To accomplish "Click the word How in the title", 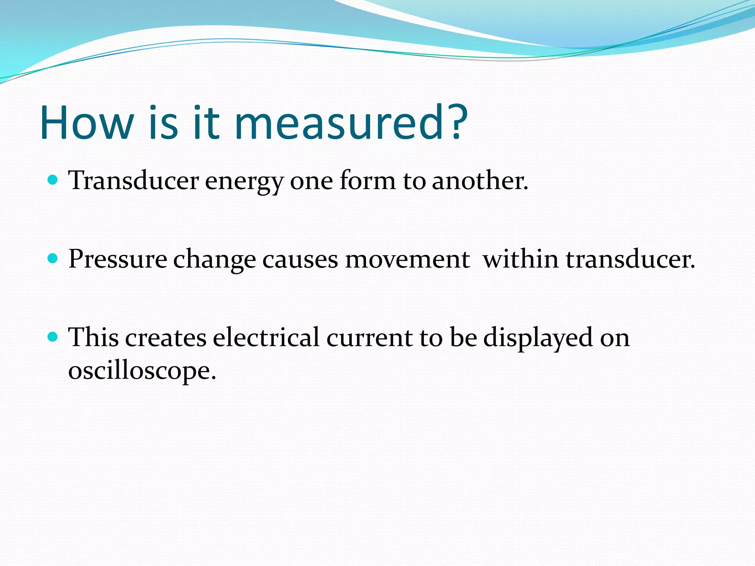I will (87, 123).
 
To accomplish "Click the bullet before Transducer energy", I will (53, 180).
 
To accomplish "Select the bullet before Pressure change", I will (53, 258).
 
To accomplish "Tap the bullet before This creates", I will (53, 336).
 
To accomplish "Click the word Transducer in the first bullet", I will (133, 181).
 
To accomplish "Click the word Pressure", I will (118, 259).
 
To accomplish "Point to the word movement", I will (407, 259).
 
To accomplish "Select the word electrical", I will (266, 337).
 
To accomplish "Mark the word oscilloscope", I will (142, 371).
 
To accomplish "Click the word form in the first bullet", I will (368, 181).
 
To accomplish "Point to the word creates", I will (166, 338).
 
